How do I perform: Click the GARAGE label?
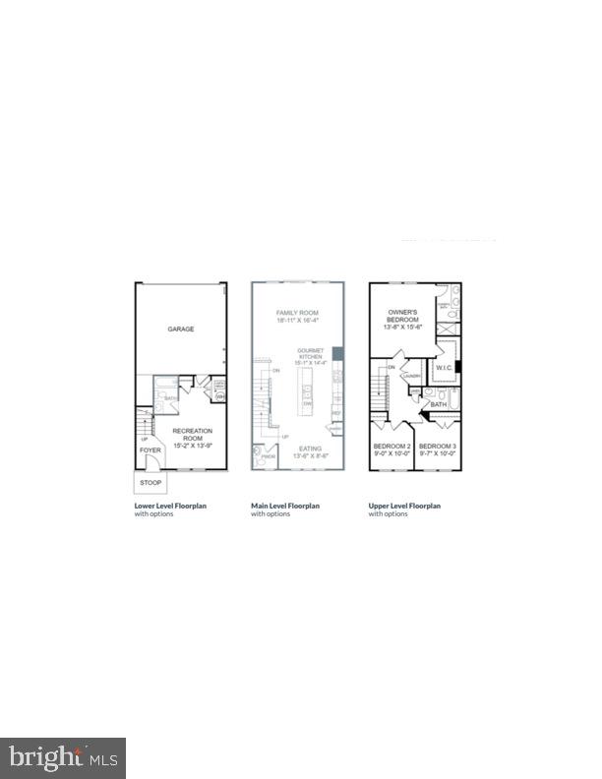(180, 330)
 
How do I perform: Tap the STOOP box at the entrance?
(150, 484)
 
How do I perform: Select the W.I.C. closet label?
(444, 371)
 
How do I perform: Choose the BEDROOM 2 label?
(391, 448)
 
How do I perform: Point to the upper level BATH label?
(438, 404)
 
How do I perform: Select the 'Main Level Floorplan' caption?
(285, 506)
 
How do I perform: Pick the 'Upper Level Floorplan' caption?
(404, 506)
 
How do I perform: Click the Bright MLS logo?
(63, 757)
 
